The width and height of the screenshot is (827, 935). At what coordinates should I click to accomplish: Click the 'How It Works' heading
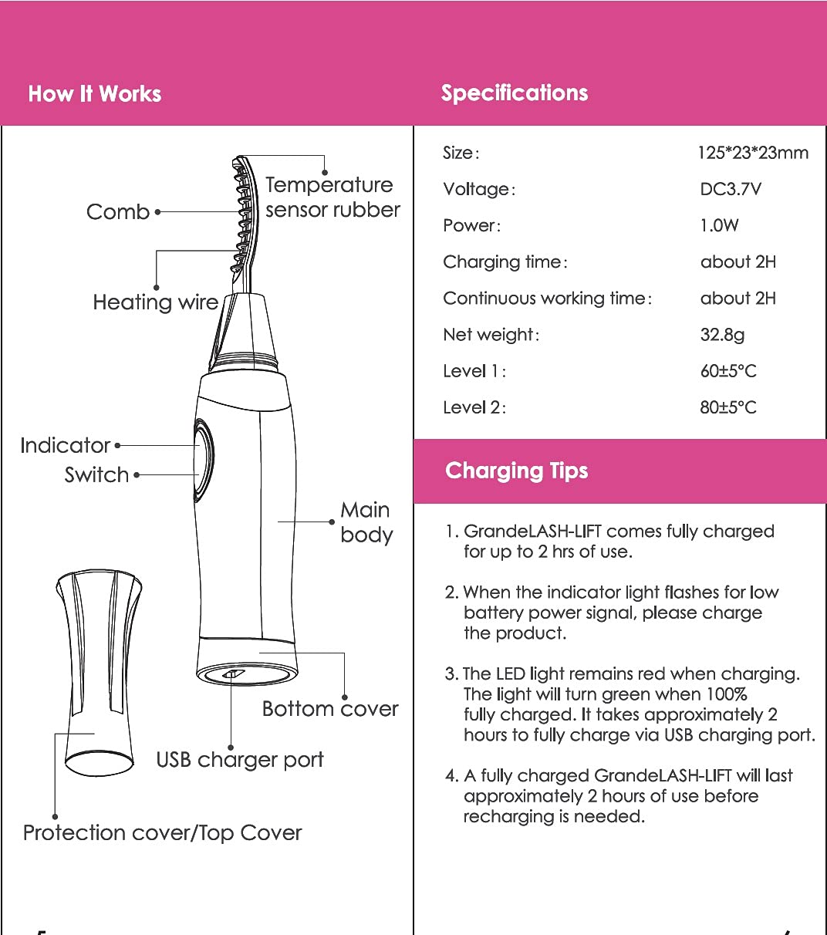coord(95,94)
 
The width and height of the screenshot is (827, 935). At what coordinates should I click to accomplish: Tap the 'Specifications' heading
coord(515,93)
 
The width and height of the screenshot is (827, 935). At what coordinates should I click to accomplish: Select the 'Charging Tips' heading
coord(517,471)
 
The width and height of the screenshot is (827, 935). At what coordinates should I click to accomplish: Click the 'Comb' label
coord(118,211)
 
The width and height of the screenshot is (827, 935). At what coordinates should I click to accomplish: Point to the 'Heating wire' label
coord(156,302)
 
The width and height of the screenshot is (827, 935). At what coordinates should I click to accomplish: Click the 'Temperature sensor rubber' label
coord(332,197)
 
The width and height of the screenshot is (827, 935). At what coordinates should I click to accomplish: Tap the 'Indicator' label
coord(66,445)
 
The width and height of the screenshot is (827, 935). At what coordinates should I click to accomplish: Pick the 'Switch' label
coord(96,474)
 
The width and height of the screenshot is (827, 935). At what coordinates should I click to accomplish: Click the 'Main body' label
coord(366,522)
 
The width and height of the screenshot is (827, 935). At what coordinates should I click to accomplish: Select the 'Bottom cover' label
coord(330,709)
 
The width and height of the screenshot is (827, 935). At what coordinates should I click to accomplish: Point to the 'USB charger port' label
coord(240,760)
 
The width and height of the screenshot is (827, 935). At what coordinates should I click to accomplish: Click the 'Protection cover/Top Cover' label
coord(162,833)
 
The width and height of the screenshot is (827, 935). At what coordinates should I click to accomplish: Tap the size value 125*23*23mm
coord(753,153)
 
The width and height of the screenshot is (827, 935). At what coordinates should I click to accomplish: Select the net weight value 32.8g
coord(722,335)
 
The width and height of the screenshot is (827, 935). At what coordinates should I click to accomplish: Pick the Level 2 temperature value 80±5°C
coord(728,407)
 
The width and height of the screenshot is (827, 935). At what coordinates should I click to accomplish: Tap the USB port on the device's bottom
coord(233,674)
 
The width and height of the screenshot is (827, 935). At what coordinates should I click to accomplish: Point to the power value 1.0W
coord(719,225)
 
